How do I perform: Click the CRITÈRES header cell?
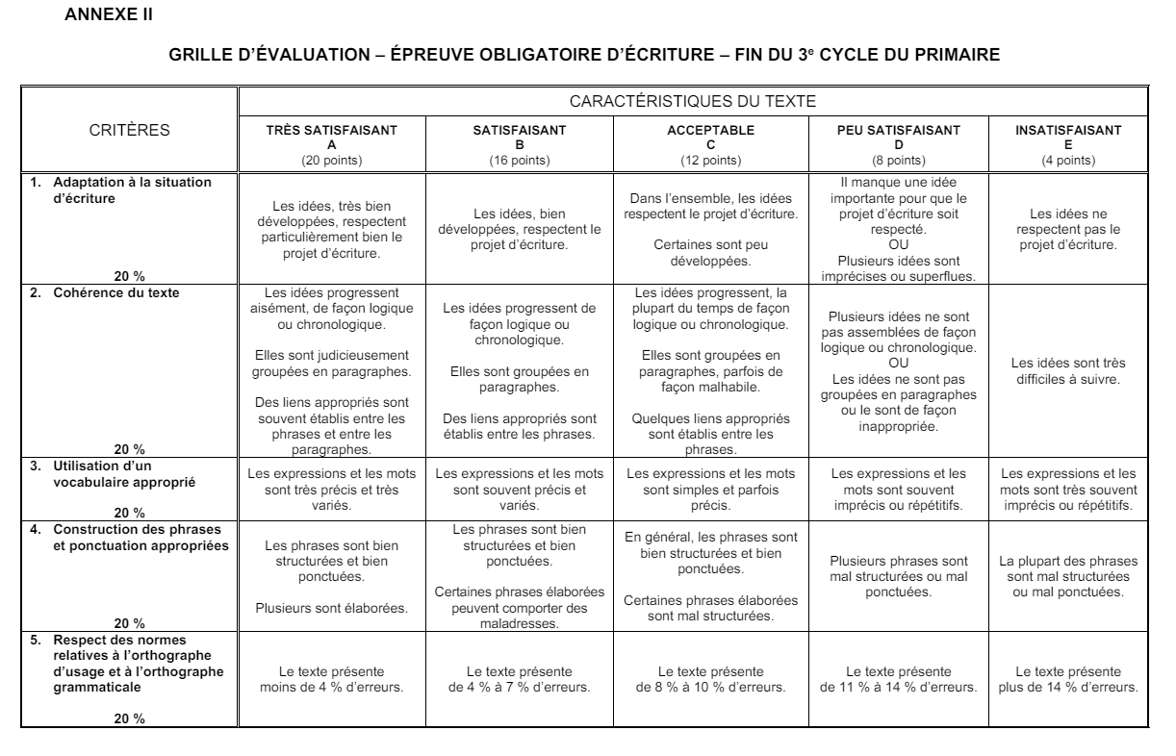coord(129,129)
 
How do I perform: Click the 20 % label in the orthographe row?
coord(129,722)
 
